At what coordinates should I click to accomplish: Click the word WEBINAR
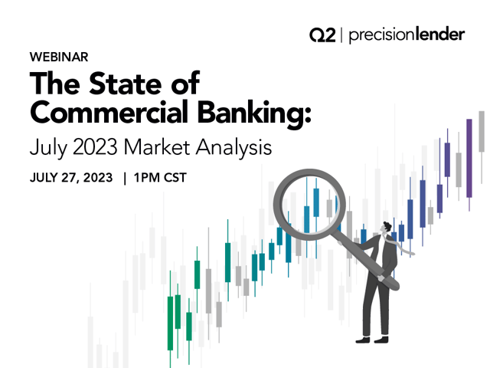click(x=59, y=58)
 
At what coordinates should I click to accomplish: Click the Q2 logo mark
click(x=322, y=35)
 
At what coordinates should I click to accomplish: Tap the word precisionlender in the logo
click(x=407, y=35)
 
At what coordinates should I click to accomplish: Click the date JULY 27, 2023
click(x=70, y=177)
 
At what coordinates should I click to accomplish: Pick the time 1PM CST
click(x=159, y=177)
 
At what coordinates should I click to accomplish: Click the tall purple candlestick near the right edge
click(x=469, y=157)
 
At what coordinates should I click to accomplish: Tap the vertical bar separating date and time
click(x=123, y=177)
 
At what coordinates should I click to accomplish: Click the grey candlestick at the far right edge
click(x=482, y=131)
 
